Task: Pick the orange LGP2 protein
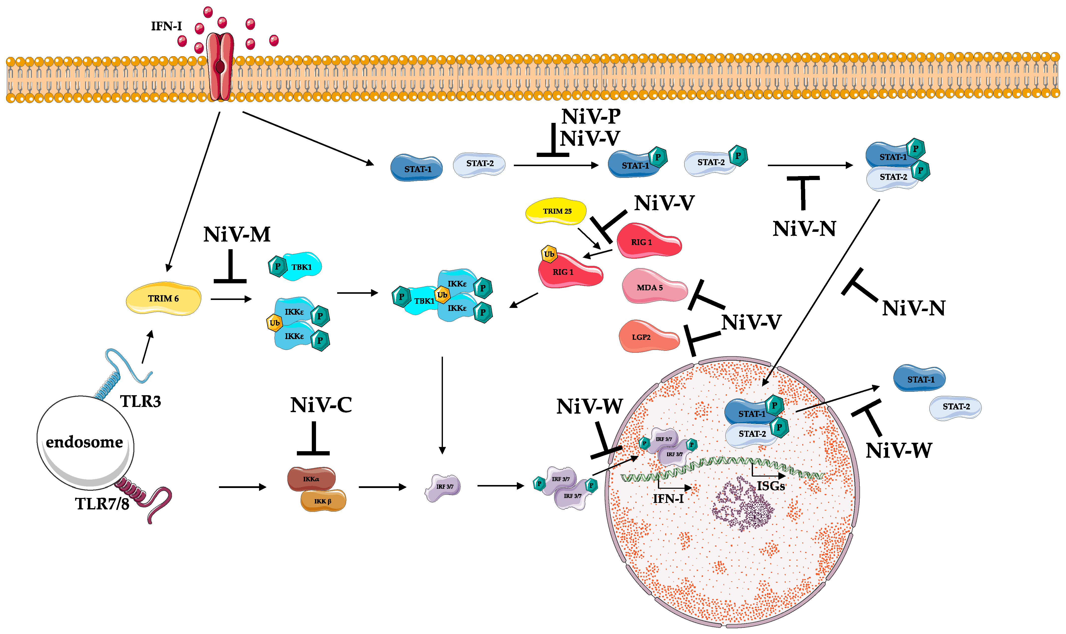tap(649, 336)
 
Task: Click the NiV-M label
tap(237, 234)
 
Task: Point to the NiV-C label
tap(321, 405)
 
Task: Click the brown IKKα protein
tap(311, 479)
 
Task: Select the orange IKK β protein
tap(323, 500)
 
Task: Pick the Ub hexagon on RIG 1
tap(549, 254)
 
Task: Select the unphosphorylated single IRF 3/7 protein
tap(443, 487)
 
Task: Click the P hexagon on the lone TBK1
tap(277, 266)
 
